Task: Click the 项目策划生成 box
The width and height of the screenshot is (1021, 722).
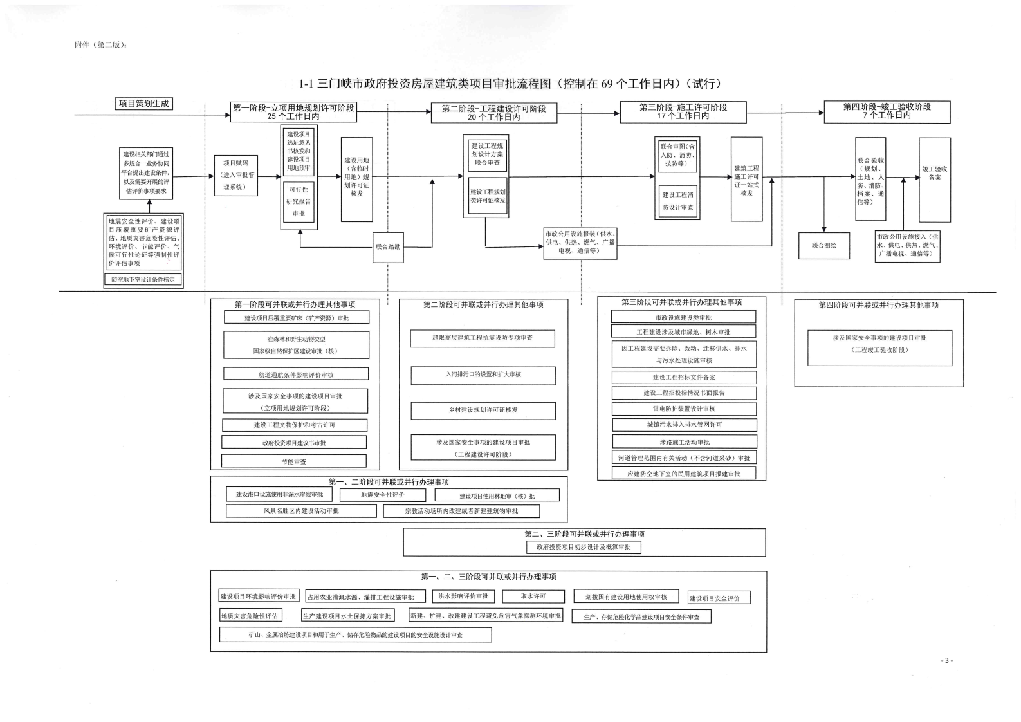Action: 144,104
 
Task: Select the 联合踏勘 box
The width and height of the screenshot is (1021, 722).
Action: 388,246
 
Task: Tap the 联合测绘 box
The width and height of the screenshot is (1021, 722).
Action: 824,245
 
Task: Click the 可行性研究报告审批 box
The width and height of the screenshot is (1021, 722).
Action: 299,201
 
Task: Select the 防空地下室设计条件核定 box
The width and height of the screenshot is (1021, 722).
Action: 143,280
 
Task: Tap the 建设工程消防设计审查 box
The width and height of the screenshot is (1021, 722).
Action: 677,201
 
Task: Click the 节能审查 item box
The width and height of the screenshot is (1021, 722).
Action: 293,461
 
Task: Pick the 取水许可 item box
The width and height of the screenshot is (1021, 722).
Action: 533,597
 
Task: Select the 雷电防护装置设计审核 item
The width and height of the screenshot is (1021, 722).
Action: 683,409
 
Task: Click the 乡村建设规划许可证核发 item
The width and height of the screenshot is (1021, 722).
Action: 483,410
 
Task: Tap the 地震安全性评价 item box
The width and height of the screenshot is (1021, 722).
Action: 383,495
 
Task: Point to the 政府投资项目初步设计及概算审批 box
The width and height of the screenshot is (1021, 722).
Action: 584,547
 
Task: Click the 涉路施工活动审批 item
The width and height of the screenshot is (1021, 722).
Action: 684,442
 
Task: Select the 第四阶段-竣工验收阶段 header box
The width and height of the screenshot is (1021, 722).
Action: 887,111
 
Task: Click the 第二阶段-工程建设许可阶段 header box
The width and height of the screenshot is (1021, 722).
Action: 493,113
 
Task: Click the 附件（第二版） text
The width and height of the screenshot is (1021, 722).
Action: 101,45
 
